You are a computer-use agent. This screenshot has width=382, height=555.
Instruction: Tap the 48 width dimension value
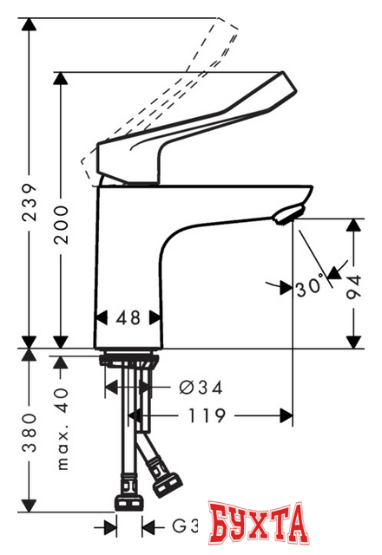point(128,317)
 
